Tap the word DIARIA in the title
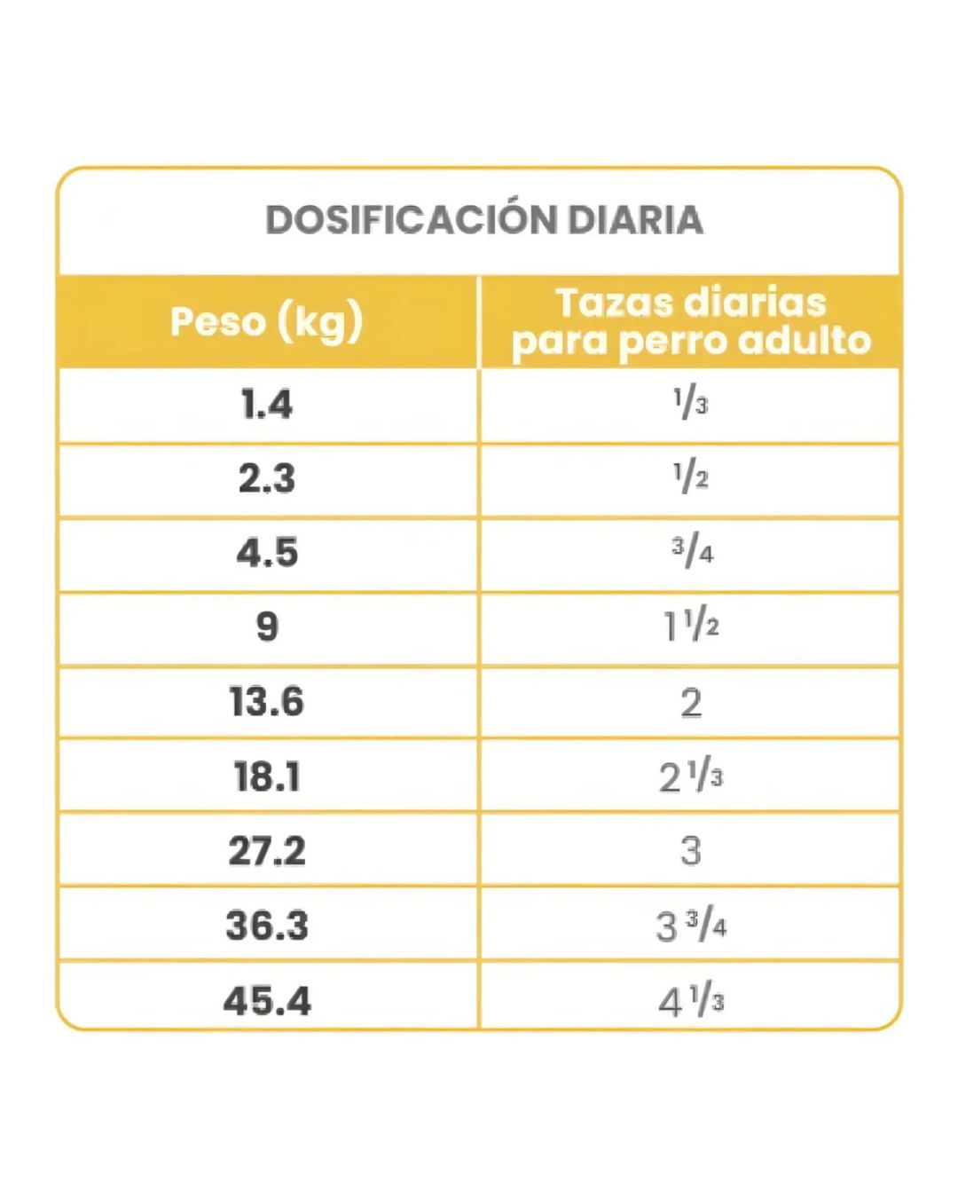point(635,219)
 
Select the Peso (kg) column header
point(267,322)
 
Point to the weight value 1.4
point(267,403)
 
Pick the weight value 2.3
point(267,477)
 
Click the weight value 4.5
point(267,552)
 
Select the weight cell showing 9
point(267,627)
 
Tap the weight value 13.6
point(267,701)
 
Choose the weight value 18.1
point(267,776)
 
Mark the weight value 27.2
point(267,851)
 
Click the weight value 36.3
point(267,926)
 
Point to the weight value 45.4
point(267,1001)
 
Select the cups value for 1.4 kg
point(691,404)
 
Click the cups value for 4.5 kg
point(692,553)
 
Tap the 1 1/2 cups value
point(691,627)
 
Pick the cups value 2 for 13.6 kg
point(691,703)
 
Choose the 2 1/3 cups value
point(691,777)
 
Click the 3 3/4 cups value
point(691,926)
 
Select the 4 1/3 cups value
point(691,1002)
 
